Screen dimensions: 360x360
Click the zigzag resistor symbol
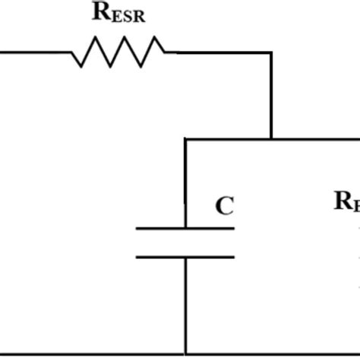pos(118,52)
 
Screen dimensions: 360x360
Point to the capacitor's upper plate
pos(185,227)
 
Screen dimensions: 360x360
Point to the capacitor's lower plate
pos(185,256)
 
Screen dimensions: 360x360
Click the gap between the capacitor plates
pos(185,242)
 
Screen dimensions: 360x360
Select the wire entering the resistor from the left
pos(34,52)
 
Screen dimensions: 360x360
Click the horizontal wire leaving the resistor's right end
pos(220,52)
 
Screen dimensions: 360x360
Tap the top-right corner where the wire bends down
pos(270,53)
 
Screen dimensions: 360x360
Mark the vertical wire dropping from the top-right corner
pos(270,95)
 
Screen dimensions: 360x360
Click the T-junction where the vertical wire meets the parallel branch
pos(270,139)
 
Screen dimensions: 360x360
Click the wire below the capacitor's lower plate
pos(186,304)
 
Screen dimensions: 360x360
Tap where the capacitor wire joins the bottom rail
pos(186,353)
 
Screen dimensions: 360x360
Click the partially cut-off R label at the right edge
pos(346,202)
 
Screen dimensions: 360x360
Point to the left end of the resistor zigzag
pos(72,52)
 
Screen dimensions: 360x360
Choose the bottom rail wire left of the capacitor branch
pos(91,353)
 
